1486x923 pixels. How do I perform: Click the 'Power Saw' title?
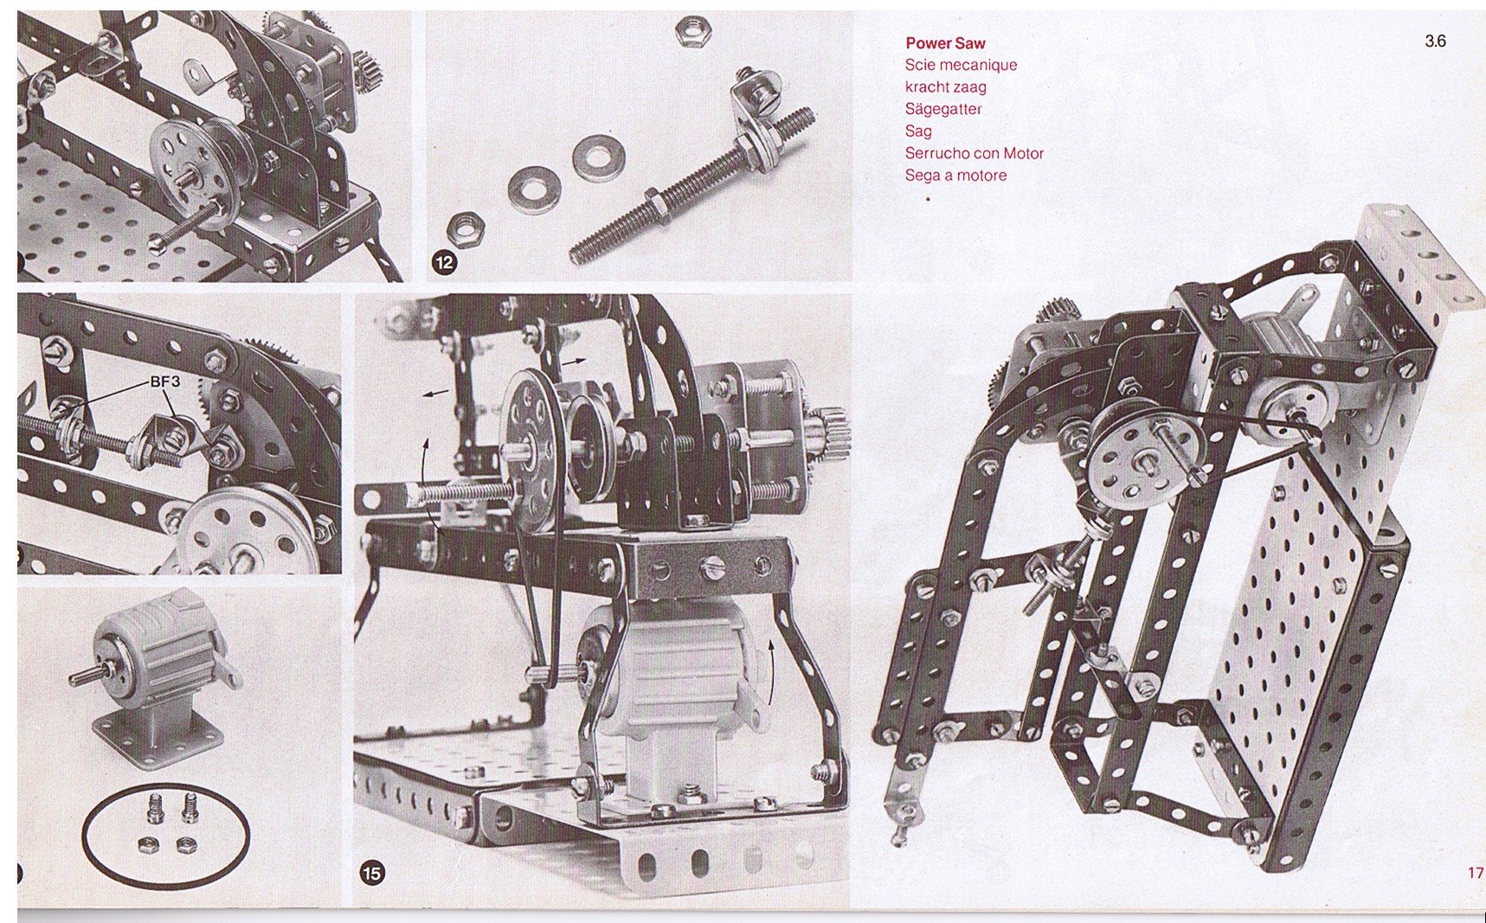tap(945, 42)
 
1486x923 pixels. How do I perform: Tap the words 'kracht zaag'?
tap(945, 87)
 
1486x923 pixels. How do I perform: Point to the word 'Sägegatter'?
tap(943, 109)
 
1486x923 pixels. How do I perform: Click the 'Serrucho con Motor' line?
tap(975, 153)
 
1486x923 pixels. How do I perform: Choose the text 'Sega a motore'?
tap(955, 176)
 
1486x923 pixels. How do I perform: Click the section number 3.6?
tap(1435, 41)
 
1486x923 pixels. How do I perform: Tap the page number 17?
tap(1476, 872)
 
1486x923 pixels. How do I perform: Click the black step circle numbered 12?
tap(444, 262)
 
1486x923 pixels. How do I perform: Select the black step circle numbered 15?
tap(371, 873)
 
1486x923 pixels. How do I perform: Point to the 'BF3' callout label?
tap(164, 380)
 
